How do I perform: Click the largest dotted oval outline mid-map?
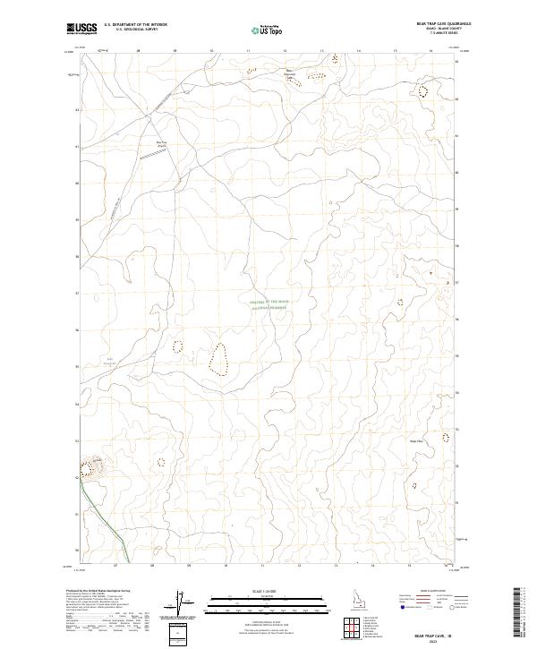click(x=217, y=358)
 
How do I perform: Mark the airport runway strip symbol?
click(x=151, y=155)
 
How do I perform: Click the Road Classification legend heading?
click(x=437, y=593)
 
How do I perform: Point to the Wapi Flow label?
click(x=415, y=440)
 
